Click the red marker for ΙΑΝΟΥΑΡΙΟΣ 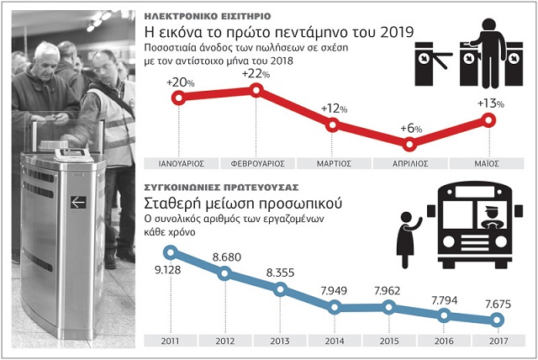tap(178, 98)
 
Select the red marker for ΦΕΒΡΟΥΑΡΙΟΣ tap(256, 89)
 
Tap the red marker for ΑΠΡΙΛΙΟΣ tap(412, 141)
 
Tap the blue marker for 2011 tap(170, 251)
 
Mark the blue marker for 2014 tap(335, 307)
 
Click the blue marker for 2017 tap(496, 320)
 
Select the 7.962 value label tap(389, 293)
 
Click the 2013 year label tap(279, 341)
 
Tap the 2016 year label tap(443, 341)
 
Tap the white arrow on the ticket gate tap(78, 201)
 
